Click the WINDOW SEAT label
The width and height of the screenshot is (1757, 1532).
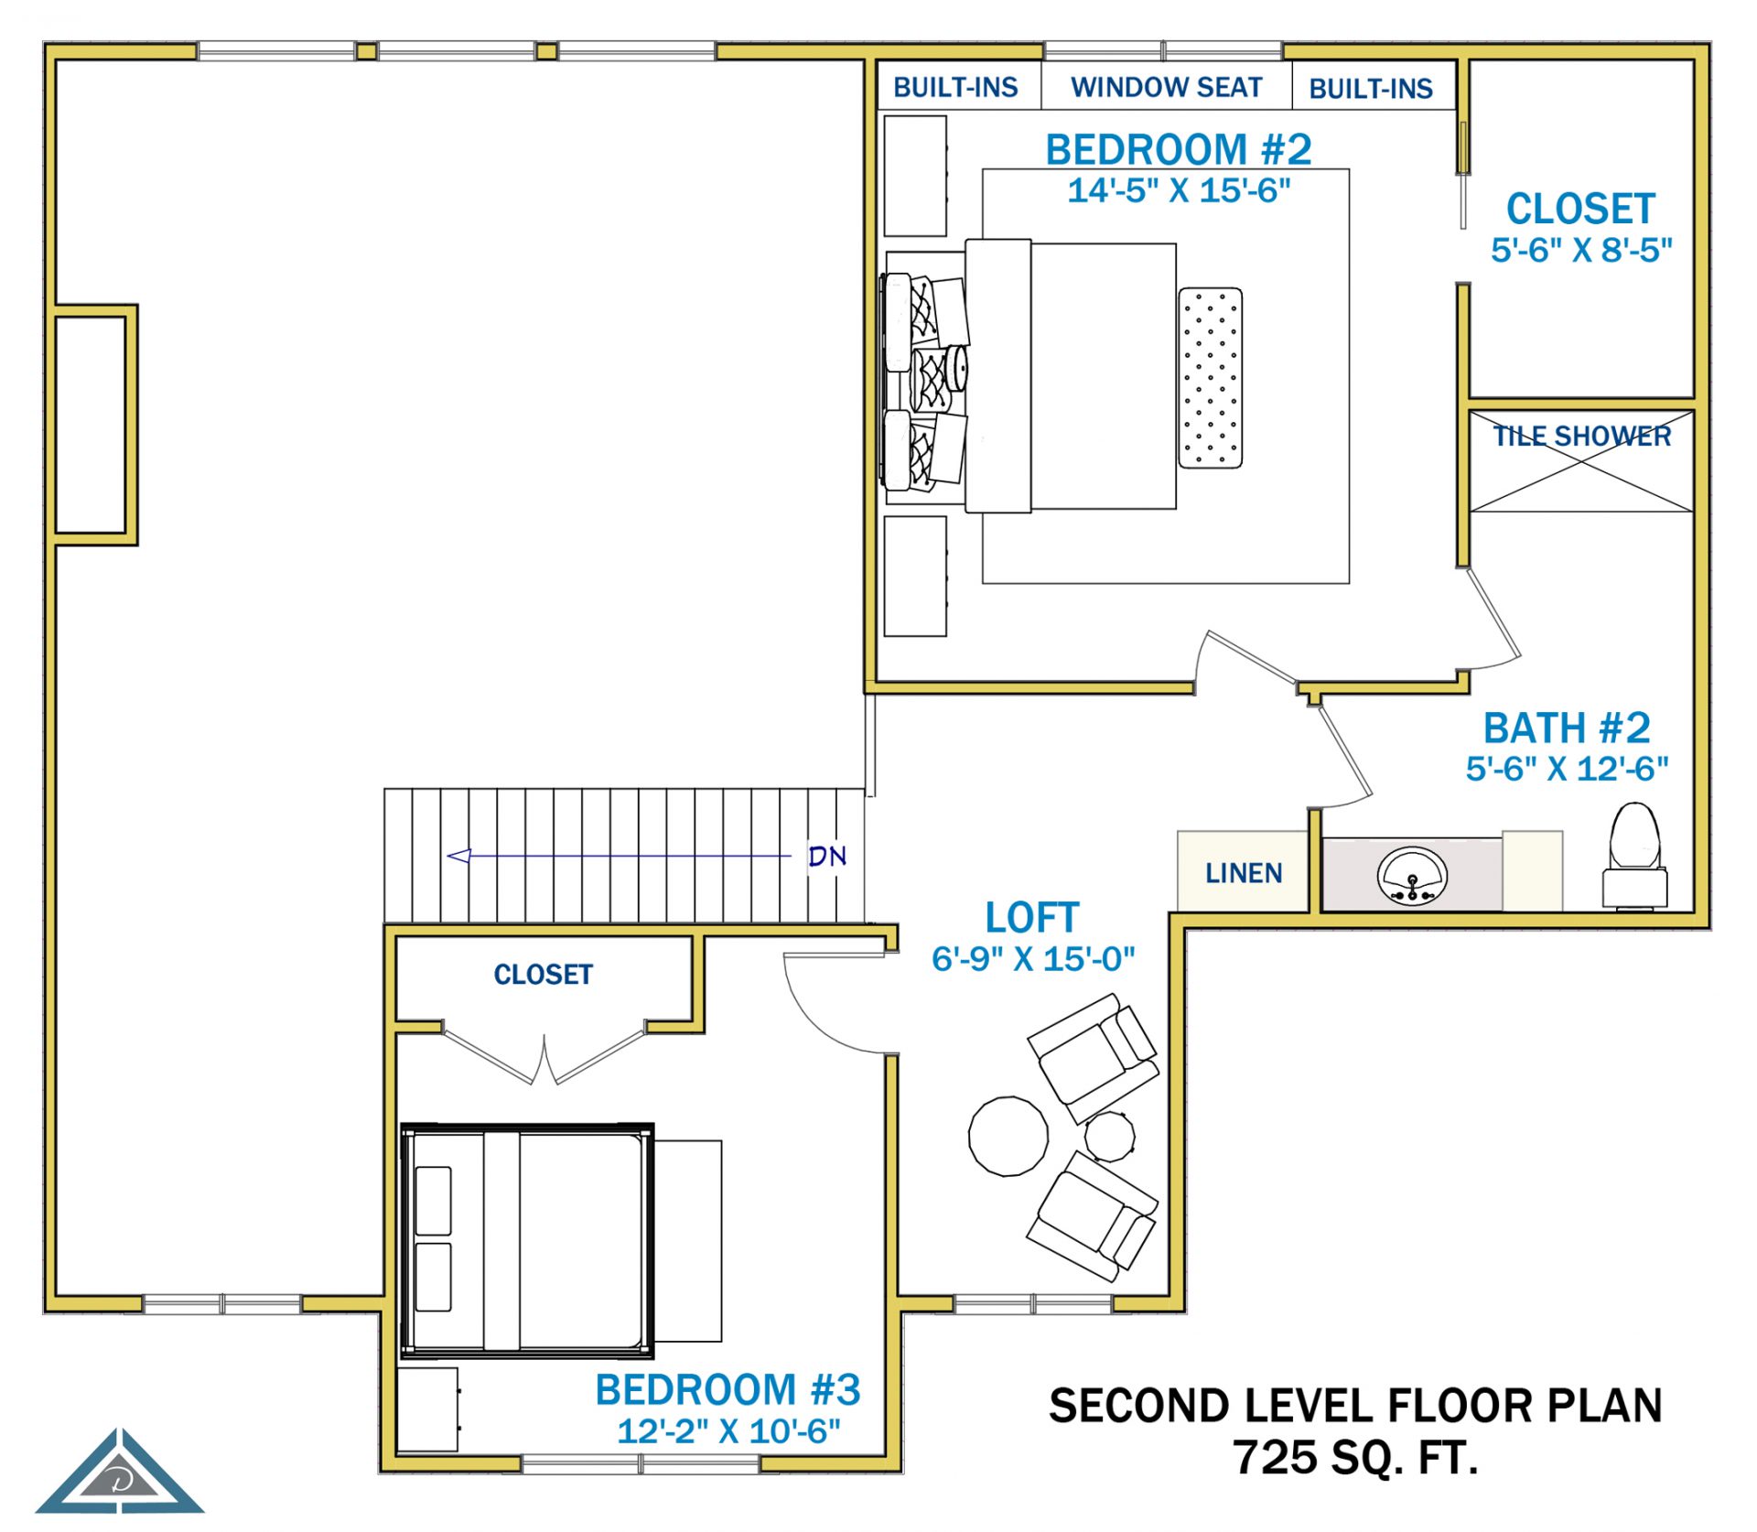click(x=1166, y=87)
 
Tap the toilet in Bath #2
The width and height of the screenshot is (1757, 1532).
click(x=1634, y=857)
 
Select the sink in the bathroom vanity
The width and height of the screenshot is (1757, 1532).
click(x=1412, y=875)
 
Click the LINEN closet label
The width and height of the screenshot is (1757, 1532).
click(x=1244, y=873)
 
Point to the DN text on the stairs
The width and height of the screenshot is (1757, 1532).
click(x=827, y=856)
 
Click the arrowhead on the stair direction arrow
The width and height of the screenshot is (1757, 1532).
click(x=458, y=856)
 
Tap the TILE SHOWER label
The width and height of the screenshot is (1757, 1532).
click(x=1582, y=437)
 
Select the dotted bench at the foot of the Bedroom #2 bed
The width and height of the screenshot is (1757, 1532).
click(x=1210, y=378)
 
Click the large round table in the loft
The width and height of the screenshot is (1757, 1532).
click(x=1008, y=1136)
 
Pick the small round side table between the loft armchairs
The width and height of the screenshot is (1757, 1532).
click(x=1110, y=1136)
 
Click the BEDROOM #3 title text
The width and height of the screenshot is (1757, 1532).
click(x=728, y=1389)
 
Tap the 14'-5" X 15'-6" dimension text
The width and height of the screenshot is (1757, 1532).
click(x=1179, y=190)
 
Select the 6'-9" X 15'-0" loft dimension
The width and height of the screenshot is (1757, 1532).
click(x=1033, y=958)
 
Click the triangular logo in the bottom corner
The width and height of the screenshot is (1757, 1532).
click(x=120, y=1473)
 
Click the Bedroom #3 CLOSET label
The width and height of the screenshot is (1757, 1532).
click(x=544, y=975)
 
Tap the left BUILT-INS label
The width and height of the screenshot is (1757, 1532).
click(x=955, y=87)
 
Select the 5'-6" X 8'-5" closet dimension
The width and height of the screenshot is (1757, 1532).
click(x=1581, y=250)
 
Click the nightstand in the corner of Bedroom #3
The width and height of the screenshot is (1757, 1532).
click(x=428, y=1409)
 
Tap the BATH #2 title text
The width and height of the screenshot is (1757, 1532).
click(x=1567, y=728)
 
